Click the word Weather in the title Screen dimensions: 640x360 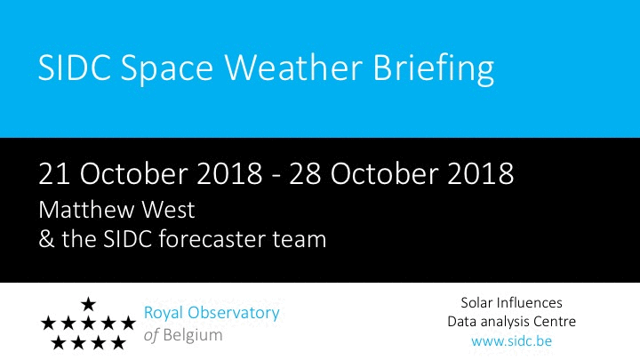coord(293,67)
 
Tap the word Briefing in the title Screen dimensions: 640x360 coord(434,68)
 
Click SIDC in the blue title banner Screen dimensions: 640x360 coord(75,67)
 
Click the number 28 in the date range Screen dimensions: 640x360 coord(305,173)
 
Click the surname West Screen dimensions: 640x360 coord(168,210)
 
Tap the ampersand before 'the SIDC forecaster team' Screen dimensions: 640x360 coord(46,239)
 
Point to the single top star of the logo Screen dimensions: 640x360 coord(88,304)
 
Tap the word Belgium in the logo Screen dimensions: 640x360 coord(193,335)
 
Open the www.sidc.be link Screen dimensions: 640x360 coord(511,340)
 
